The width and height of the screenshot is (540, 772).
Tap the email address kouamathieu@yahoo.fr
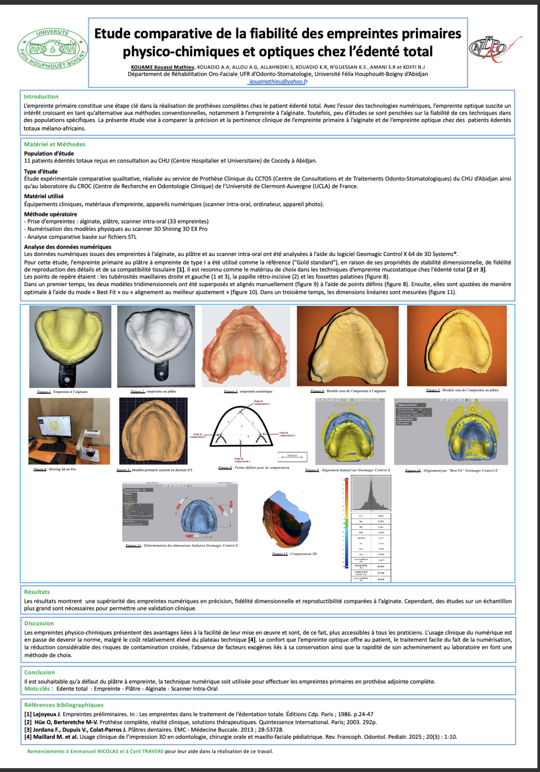[x=278, y=82]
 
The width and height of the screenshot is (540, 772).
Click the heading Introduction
[x=41, y=97]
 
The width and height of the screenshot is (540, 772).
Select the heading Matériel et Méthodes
[x=54, y=144]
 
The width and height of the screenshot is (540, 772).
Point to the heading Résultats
[x=37, y=592]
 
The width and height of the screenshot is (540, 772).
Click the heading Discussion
[x=39, y=623]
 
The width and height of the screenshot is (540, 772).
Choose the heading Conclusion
[x=40, y=672]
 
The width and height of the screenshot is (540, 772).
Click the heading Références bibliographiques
[x=64, y=705]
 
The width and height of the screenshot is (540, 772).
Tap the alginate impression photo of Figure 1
[x=70, y=346]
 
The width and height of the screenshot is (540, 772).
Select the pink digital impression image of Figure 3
[x=246, y=346]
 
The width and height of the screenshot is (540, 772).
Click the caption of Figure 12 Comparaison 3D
[x=294, y=554]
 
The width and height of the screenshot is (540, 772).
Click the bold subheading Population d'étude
[x=49, y=154]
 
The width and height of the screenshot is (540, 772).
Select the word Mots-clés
[x=37, y=688]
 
